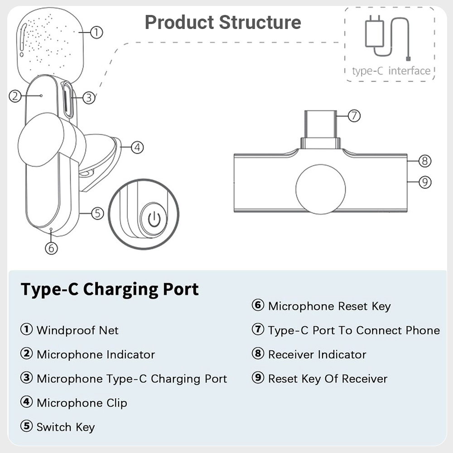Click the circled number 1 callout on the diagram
(x=96, y=32)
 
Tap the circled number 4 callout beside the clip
(x=137, y=147)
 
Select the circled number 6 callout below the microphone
(x=52, y=248)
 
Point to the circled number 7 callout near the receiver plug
(x=354, y=116)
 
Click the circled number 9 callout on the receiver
(x=425, y=182)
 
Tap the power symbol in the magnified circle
(x=154, y=219)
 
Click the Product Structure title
(x=223, y=22)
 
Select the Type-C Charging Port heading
(x=110, y=289)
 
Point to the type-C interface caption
(x=391, y=71)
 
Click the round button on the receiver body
(x=321, y=189)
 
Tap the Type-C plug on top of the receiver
(x=321, y=129)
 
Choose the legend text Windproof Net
(x=77, y=330)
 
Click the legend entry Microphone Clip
(x=82, y=403)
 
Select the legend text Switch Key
(x=66, y=427)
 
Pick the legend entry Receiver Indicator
(x=317, y=355)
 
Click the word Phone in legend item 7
(x=423, y=330)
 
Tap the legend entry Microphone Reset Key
(x=329, y=306)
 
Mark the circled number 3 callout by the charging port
(x=89, y=98)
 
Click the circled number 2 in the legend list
(x=26, y=353)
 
